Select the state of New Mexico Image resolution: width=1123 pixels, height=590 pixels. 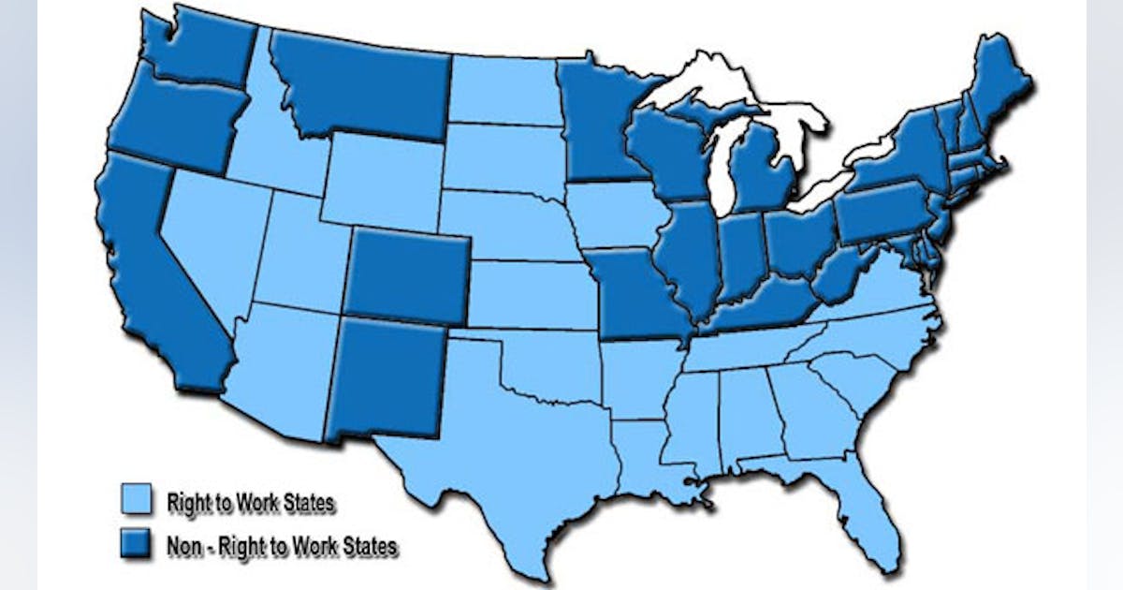click(x=386, y=376)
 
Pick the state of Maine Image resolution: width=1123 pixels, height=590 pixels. click(x=997, y=84)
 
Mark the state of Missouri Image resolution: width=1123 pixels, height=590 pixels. click(x=636, y=295)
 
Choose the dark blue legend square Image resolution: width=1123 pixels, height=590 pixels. click(x=135, y=545)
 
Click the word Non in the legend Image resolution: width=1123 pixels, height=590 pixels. click(x=182, y=545)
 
